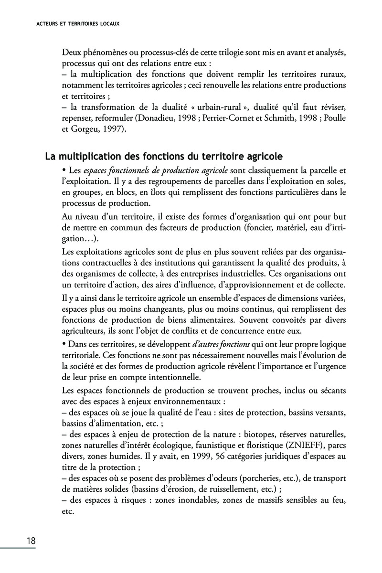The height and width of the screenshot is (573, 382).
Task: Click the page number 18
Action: click(31, 541)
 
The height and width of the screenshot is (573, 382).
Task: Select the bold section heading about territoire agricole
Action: click(164, 156)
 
